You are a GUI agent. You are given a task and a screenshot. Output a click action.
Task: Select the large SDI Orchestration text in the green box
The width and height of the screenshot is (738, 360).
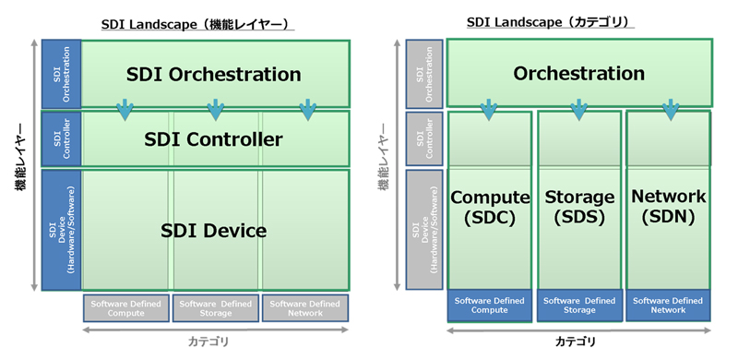(x=213, y=73)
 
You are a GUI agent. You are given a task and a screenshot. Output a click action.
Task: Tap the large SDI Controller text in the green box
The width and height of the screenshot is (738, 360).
(x=213, y=139)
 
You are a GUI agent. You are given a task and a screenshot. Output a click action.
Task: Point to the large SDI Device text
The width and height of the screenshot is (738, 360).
(x=213, y=230)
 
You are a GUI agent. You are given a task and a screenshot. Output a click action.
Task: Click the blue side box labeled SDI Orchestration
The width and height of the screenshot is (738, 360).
(x=61, y=73)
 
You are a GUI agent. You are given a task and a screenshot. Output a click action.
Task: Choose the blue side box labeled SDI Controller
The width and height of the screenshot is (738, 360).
(x=61, y=138)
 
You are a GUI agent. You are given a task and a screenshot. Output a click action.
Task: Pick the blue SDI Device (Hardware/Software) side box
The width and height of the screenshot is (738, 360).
(x=61, y=230)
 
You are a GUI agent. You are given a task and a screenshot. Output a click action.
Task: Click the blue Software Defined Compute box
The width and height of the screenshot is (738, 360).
(x=489, y=306)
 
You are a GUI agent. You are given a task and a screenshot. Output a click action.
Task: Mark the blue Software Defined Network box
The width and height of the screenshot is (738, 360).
(x=669, y=306)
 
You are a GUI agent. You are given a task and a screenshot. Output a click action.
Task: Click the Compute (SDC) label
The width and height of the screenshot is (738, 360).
(x=489, y=207)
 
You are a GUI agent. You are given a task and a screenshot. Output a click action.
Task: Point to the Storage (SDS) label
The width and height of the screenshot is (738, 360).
(x=579, y=207)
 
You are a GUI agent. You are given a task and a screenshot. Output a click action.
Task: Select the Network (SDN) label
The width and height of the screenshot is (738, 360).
(x=669, y=207)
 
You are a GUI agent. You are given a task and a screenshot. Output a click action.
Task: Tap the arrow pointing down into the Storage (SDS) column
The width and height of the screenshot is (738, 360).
(x=579, y=110)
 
